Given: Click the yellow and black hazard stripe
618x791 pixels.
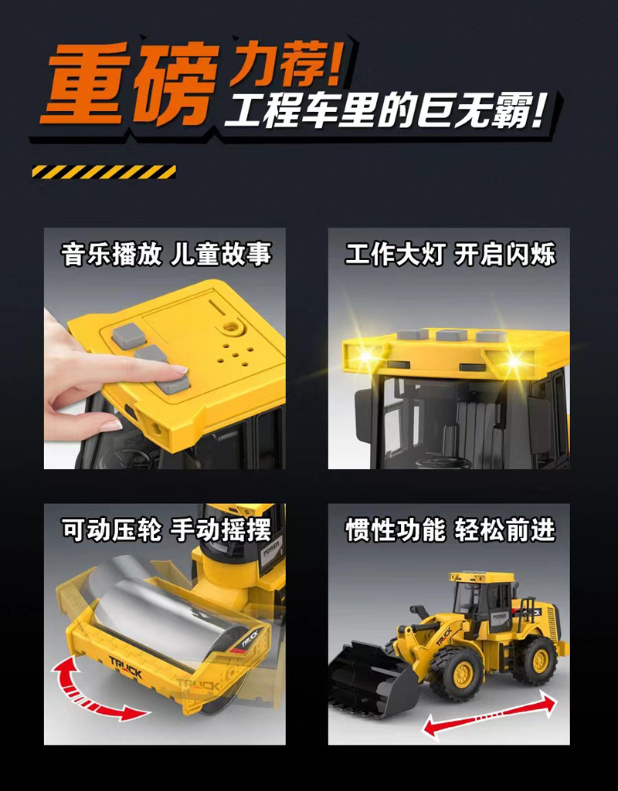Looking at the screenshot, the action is point(104,171).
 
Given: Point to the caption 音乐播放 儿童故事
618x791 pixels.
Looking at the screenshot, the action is point(166,254).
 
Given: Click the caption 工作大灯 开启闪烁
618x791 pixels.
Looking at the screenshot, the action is point(450,254).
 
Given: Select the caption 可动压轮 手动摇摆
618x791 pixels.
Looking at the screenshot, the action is point(166,529).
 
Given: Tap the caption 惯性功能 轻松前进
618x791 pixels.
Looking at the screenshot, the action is point(450,529).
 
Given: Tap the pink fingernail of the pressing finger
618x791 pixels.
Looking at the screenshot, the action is point(178,370).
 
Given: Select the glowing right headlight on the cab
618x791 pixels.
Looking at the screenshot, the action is point(514,361).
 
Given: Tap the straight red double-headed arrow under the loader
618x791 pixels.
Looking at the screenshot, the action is point(490,715).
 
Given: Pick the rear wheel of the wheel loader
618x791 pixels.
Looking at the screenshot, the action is point(535,659).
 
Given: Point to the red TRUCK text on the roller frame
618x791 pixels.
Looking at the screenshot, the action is point(126,667).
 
